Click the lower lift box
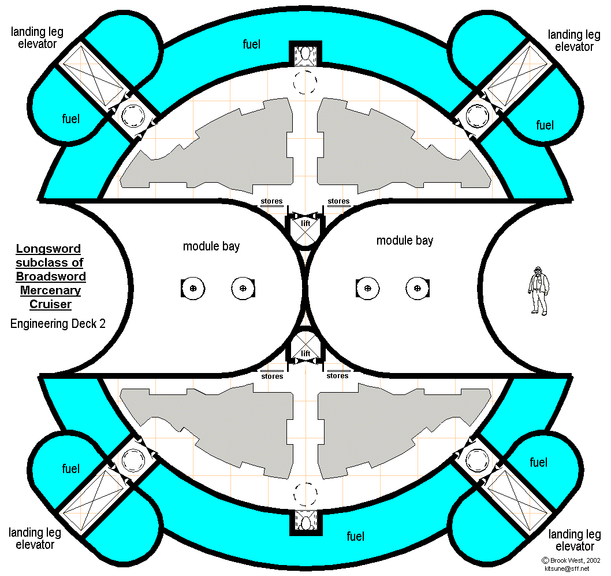click(x=305, y=349)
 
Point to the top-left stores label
click(x=271, y=202)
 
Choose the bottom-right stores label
click(x=338, y=376)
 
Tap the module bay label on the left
click(x=211, y=246)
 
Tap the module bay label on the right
click(x=404, y=240)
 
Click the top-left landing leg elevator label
click(x=36, y=37)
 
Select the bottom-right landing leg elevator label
click(x=575, y=540)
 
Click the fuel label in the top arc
click(x=252, y=44)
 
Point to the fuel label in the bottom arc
click(x=355, y=536)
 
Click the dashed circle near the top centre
click(x=305, y=82)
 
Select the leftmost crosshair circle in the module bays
click(x=193, y=287)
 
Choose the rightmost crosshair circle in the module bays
click(x=416, y=287)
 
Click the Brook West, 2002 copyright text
click(x=572, y=560)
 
